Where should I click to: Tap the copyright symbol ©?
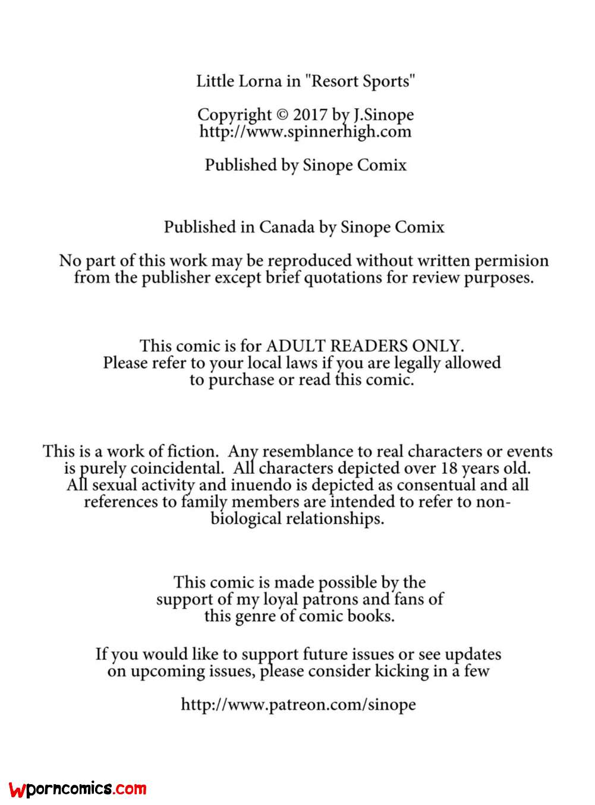(282, 115)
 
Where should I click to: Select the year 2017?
(310, 115)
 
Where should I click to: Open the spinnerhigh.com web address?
(305, 131)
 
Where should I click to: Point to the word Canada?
(287, 227)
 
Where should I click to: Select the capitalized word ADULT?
(296, 346)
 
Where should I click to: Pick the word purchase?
(241, 380)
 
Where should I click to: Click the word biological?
(246, 518)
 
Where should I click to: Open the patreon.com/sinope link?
(298, 705)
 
